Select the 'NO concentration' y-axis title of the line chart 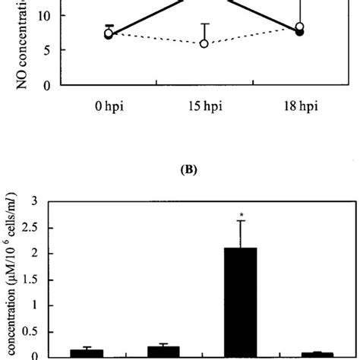[x=9, y=46]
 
